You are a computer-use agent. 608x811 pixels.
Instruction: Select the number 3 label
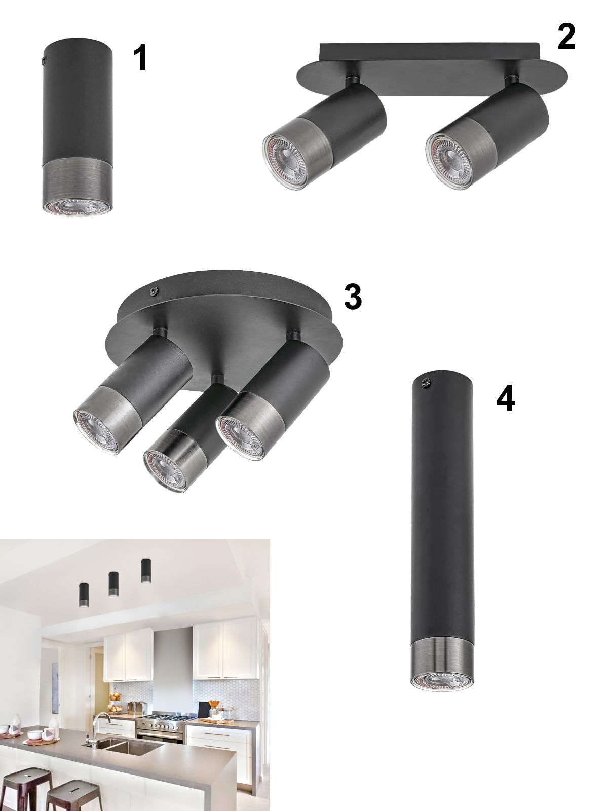pos(353,297)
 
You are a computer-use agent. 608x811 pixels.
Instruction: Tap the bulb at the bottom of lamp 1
pos(77,208)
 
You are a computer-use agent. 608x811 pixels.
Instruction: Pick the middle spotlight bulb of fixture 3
pos(164,471)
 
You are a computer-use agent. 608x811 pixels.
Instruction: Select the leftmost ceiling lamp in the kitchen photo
pos(83,594)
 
